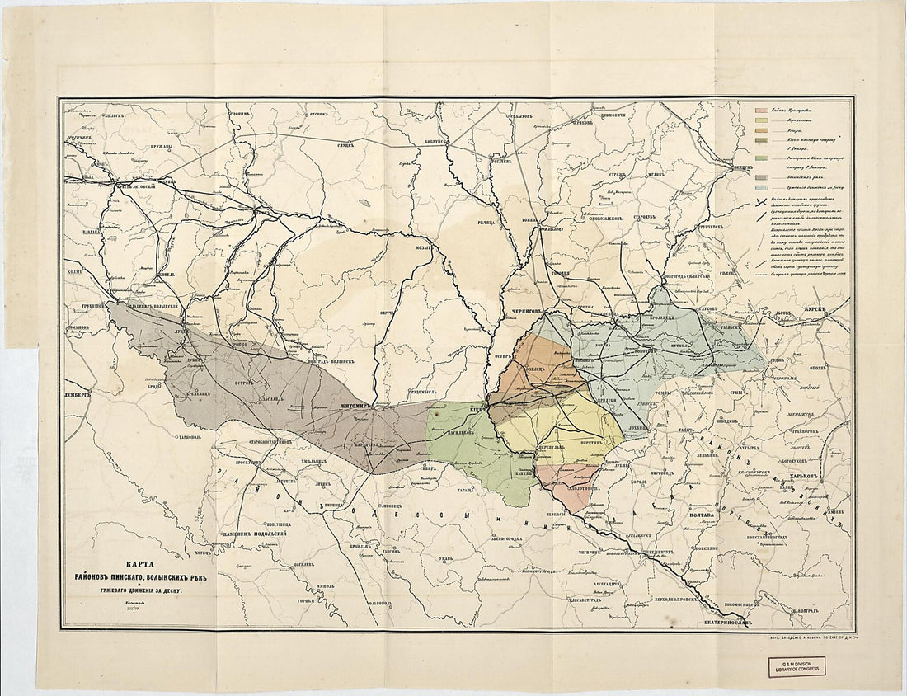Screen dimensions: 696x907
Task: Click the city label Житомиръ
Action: coord(357,407)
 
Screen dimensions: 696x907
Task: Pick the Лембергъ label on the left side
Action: coord(79,394)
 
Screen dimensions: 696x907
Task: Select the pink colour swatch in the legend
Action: coord(767,110)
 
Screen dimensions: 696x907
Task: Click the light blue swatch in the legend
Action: coord(767,188)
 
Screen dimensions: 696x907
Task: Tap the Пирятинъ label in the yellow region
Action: coord(584,442)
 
